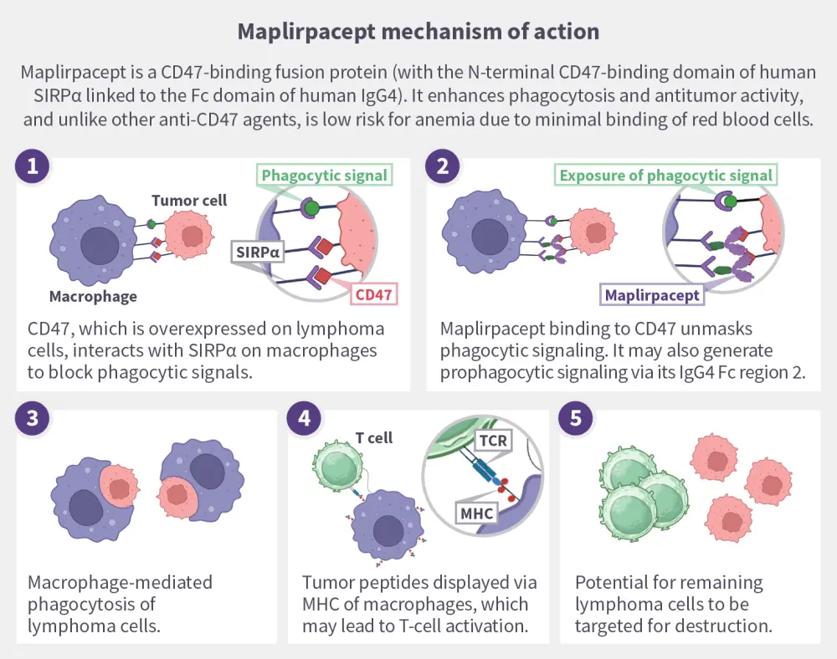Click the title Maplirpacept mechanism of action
point(418,32)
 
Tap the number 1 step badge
point(33,166)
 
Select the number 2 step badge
point(442,166)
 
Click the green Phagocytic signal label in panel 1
point(324,176)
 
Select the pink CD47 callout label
point(373,294)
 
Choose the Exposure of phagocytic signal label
point(666,176)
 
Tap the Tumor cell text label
point(189,201)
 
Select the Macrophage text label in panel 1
point(93,296)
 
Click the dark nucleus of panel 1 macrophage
point(99,245)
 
